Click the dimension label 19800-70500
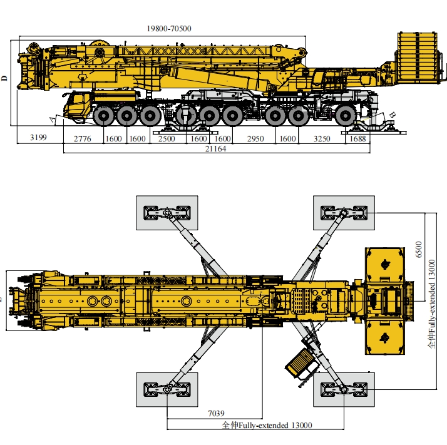pos(169,29)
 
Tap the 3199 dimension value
pos(38,138)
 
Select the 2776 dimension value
pos(82,139)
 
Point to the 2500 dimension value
pos(167,139)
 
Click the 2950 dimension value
pos(255,139)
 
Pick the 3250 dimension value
pos(322,139)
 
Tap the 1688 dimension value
pos(357,139)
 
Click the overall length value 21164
pos(215,149)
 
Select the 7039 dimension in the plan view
pos(216,413)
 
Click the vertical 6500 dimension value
pos(418,250)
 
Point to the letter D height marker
pos(4,78)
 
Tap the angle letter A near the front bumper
pos(52,120)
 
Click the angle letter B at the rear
pos(393,115)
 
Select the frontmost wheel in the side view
pos(103,116)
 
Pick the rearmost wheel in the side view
pos(345,116)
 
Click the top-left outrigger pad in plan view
pos(167,213)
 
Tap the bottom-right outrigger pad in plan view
pos(344,389)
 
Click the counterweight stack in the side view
pos(418,58)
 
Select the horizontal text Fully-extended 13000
pos(275,426)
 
